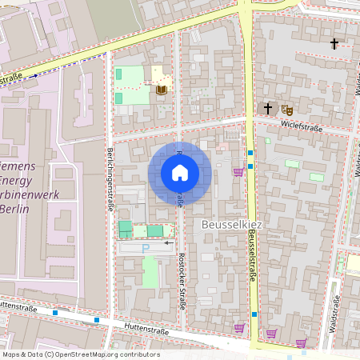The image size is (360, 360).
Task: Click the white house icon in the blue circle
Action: point(180,173)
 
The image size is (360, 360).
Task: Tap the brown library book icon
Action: point(162,89)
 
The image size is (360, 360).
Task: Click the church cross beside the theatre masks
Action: point(268,107)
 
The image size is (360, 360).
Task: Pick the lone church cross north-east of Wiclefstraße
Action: point(334,44)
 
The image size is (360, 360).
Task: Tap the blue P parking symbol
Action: point(146,250)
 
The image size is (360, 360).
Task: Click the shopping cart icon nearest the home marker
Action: point(238,171)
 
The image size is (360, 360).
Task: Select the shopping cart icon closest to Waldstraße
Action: point(301,342)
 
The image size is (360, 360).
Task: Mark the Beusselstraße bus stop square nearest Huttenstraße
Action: point(254,314)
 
